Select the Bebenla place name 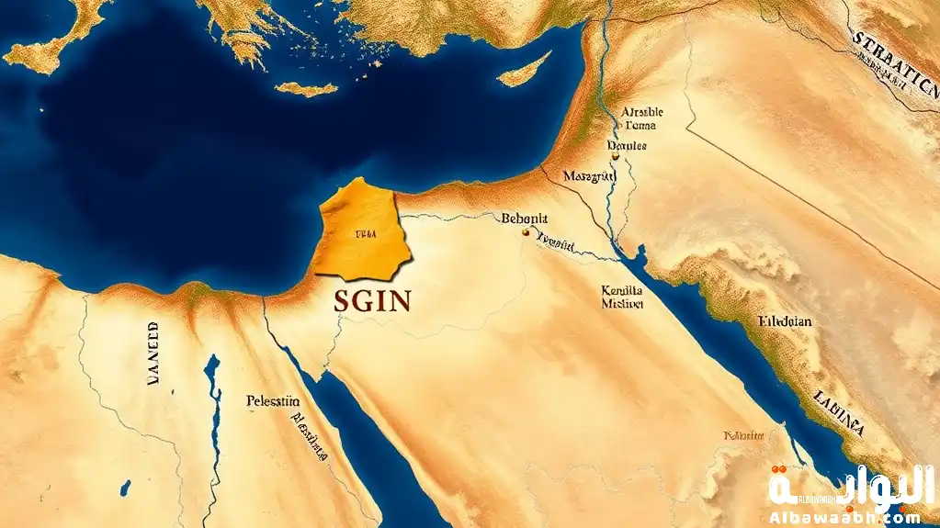pos(525,219)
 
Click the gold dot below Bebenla pos(526,232)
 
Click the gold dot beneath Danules pos(614,157)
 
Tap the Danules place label pos(628,145)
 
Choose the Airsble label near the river pos(642,112)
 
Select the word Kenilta pos(621,289)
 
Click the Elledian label pos(787,322)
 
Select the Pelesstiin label pos(273,400)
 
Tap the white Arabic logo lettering pos(850,484)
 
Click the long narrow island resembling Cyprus pos(525,67)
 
